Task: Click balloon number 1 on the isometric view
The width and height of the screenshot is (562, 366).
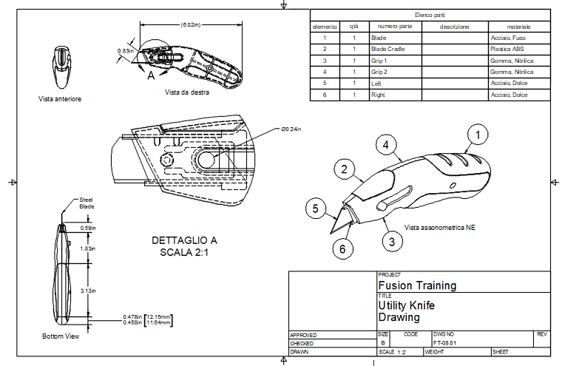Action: coord(478,135)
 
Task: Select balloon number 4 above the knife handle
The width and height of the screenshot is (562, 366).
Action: coord(385,146)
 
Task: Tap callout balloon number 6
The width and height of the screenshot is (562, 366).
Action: coord(342,249)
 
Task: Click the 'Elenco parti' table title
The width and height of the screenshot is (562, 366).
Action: coord(429,14)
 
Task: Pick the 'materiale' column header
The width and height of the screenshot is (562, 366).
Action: coord(519,26)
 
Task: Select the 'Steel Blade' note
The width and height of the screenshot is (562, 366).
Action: coord(87,203)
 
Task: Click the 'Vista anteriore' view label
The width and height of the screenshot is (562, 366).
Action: coord(60,98)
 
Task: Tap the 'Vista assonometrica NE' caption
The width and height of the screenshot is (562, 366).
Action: coord(439,227)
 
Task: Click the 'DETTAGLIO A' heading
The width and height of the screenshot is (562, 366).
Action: coord(184,241)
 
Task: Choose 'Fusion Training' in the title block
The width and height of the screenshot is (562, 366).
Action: coord(417,285)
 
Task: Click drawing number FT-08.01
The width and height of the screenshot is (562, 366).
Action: coord(445,342)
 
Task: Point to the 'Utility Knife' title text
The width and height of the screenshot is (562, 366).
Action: coord(405,305)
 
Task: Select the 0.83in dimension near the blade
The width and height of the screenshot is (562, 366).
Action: coord(125,51)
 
